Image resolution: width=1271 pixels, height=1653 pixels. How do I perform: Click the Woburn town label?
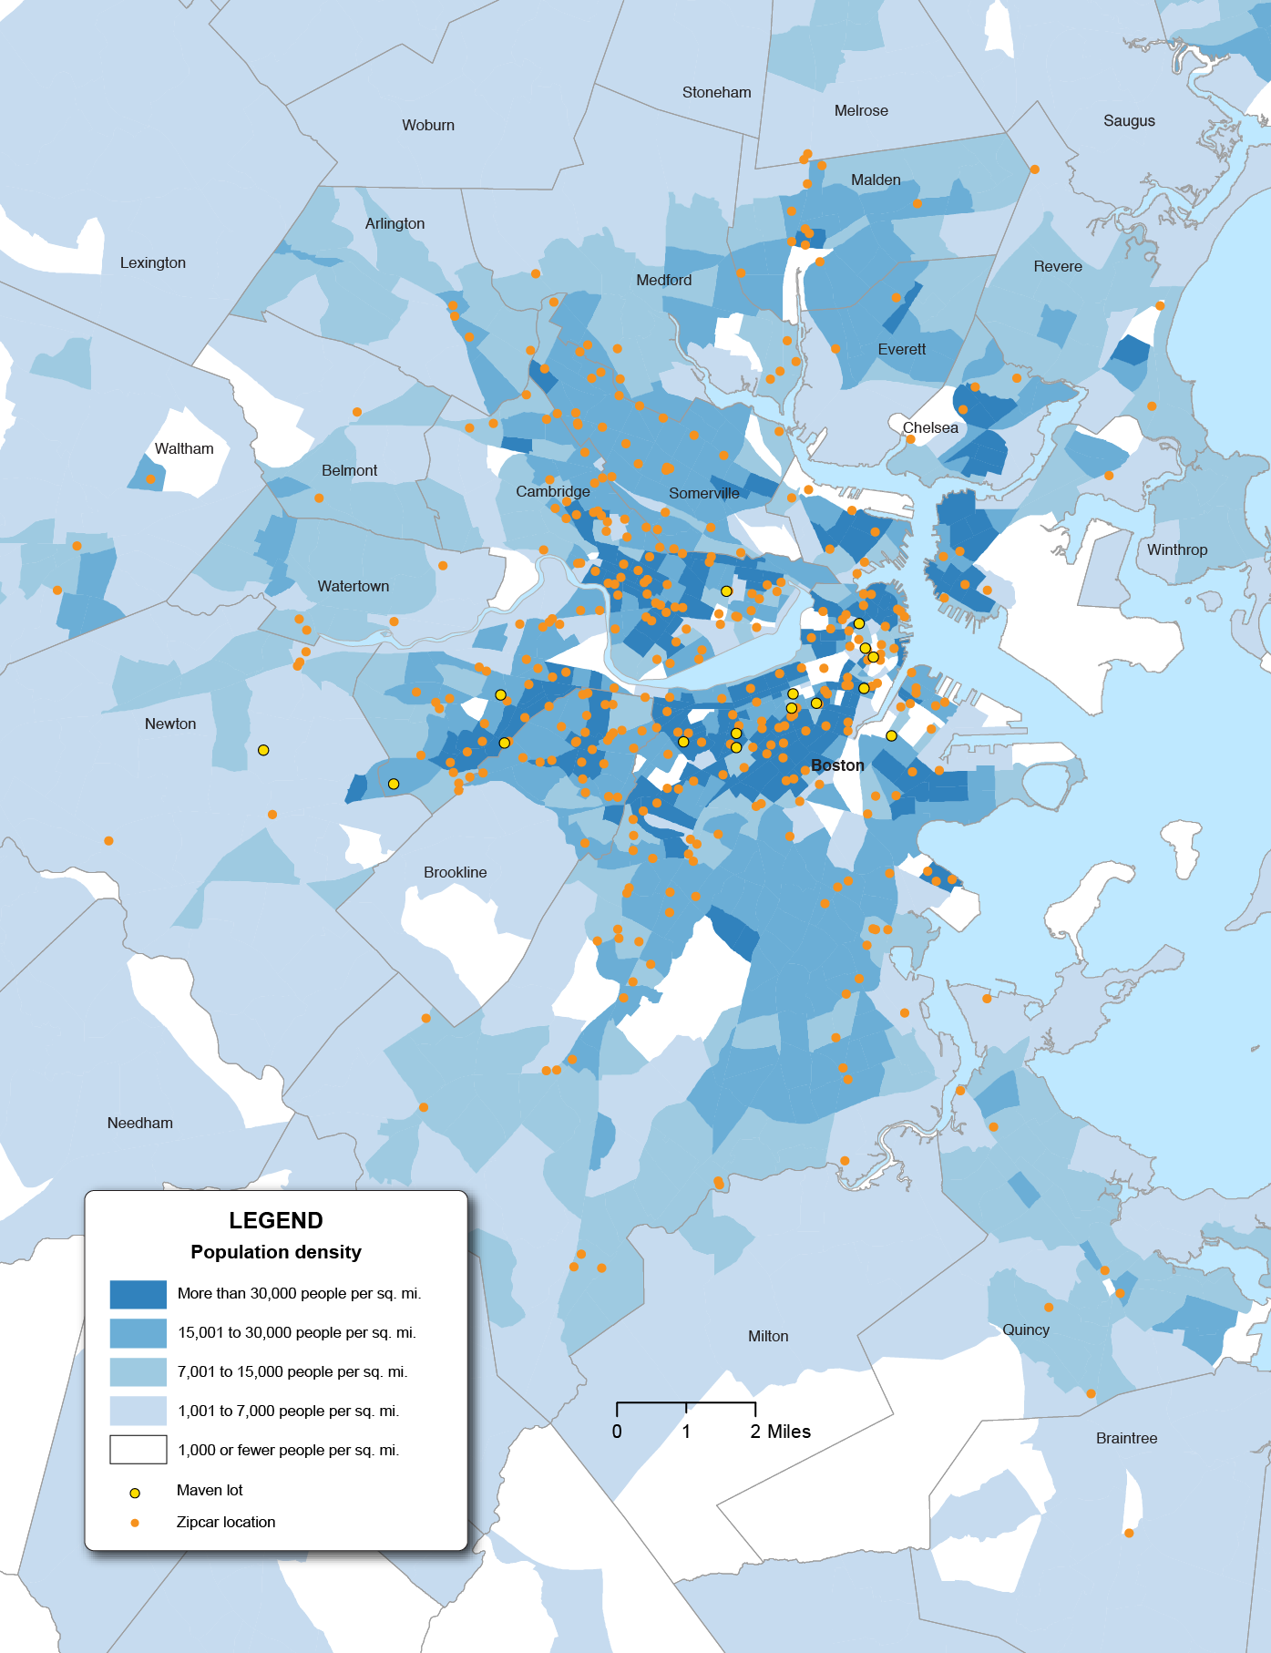click(428, 125)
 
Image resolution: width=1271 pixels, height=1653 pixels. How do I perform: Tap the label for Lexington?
click(153, 262)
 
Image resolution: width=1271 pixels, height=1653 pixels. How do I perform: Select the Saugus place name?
click(1129, 120)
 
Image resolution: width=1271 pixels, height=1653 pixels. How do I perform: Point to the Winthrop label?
click(1177, 549)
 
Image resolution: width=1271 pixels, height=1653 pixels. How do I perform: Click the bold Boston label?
click(837, 765)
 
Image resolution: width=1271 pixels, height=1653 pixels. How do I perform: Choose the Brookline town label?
click(455, 872)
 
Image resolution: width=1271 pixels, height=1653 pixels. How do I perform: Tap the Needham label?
click(140, 1123)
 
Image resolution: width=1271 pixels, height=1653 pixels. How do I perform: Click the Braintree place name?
click(1126, 1438)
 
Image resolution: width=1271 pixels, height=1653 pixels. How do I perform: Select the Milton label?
click(768, 1336)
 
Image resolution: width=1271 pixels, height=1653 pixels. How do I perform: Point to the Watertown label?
click(354, 586)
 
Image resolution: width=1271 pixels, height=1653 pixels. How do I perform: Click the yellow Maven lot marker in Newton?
click(263, 750)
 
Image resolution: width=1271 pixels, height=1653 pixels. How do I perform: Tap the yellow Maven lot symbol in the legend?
click(135, 1493)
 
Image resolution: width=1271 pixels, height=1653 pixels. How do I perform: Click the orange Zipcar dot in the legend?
click(135, 1523)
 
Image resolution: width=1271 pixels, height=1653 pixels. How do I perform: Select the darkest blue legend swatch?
click(138, 1294)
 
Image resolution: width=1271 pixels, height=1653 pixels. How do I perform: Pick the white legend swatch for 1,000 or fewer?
click(138, 1449)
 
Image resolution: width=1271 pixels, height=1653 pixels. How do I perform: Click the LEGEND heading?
click(276, 1220)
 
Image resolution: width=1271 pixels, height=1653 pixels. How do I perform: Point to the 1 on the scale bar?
click(686, 1432)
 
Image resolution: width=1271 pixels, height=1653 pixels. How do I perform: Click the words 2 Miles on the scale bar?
click(781, 1432)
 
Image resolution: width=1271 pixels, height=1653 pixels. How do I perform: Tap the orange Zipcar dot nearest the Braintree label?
click(1129, 1533)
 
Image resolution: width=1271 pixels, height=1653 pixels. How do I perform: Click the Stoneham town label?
click(717, 92)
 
